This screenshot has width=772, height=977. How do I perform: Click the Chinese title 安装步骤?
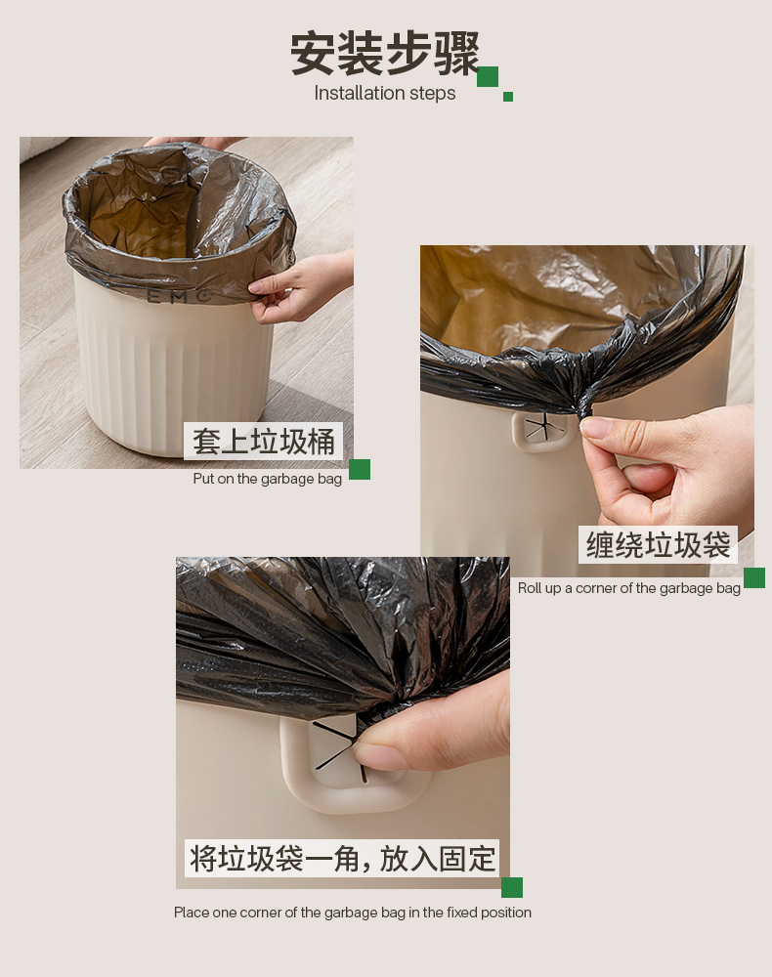pos(385,54)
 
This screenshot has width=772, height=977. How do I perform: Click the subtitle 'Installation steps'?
pos(385,94)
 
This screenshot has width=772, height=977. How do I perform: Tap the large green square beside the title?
pos(488,77)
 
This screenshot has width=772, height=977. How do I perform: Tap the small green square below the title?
pos(508,97)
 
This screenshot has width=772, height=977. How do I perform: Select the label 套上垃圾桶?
pos(263,442)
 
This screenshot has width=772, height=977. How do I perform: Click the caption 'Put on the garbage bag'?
pos(267,479)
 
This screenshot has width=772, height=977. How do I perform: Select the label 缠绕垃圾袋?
pos(658,545)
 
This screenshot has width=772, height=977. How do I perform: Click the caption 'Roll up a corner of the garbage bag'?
pos(629,588)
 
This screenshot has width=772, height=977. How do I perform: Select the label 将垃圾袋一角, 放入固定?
pos(342,859)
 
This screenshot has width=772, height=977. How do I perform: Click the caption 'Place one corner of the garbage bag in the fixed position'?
pos(353,913)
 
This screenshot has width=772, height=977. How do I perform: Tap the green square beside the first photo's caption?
pos(360,470)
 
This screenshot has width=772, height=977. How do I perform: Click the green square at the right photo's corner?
pos(753,578)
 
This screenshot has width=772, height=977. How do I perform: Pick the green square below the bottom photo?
pos(512,887)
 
